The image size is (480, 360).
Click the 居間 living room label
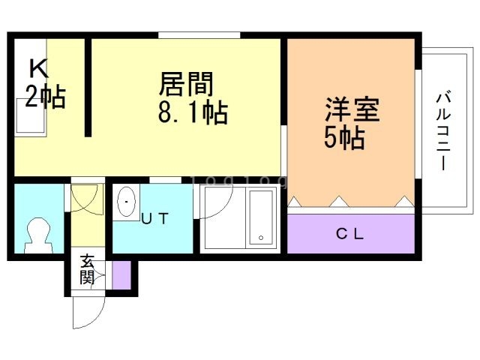click(186, 83)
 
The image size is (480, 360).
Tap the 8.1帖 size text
click(193, 112)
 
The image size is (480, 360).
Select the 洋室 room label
click(352, 109)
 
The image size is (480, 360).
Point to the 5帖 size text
click(344, 138)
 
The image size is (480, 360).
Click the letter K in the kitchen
click(38, 68)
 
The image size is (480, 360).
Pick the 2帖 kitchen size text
click(45, 96)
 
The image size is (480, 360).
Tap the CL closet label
click(349, 234)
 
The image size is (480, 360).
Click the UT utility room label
click(155, 218)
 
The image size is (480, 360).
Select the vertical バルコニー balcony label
click(443, 132)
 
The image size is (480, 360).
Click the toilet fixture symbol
click(38, 235)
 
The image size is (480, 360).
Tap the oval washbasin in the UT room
click(126, 202)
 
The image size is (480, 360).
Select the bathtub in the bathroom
click(261, 217)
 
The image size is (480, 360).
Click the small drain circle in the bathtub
click(261, 238)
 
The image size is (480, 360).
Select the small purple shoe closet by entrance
click(121, 275)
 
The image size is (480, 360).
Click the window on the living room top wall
click(199, 35)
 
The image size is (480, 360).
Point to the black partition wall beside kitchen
click(88, 87)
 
